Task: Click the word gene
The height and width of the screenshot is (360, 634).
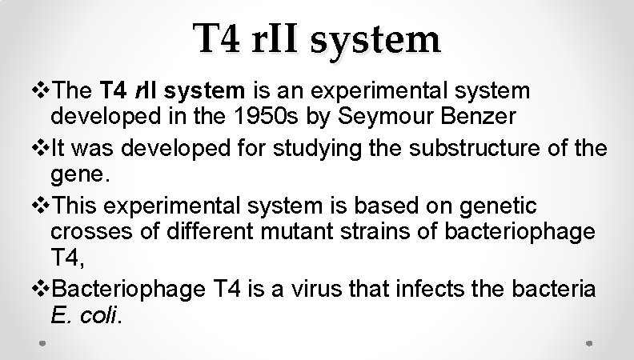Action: pos(74,174)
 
